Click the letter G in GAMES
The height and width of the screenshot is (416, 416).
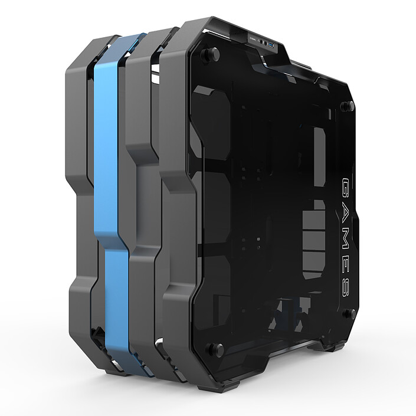point(345,187)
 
